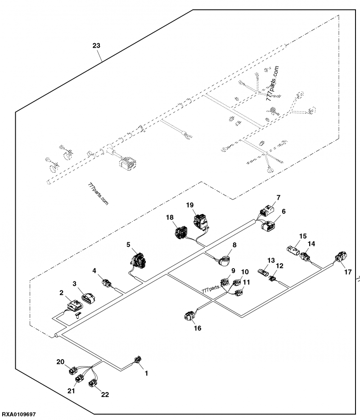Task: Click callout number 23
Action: point(96,45)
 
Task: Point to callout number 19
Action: point(189,205)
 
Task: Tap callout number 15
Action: point(303,236)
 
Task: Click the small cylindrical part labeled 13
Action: point(263,273)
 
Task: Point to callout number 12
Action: point(279,266)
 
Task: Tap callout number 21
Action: point(71,391)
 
